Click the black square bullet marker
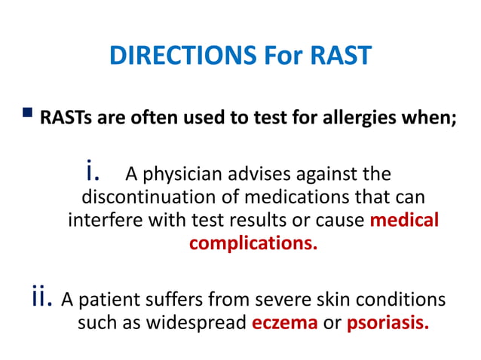(29, 114)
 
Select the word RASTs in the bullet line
(62, 118)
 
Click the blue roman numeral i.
(93, 172)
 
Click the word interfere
(97, 222)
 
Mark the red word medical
(406, 222)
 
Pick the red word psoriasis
(389, 324)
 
